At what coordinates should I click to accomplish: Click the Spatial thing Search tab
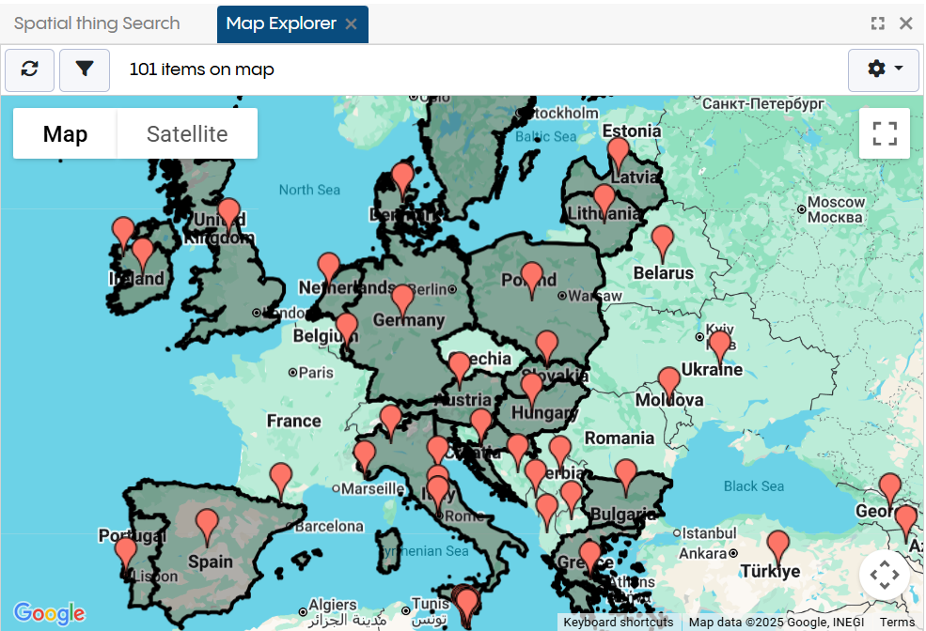coord(97,23)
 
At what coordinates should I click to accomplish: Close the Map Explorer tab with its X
coord(351,24)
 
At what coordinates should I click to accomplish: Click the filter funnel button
coord(85,69)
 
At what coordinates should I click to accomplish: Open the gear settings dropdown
coord(883,69)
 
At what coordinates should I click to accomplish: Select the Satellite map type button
coord(187,134)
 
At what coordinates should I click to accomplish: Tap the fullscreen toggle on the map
coord(884,134)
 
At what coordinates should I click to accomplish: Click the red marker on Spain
coord(207,526)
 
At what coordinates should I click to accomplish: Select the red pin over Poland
coord(532,278)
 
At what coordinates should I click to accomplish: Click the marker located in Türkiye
coord(777,546)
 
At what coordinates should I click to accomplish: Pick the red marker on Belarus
coord(663,241)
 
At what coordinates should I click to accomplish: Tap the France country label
coord(293,421)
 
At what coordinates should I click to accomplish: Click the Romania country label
coord(619,438)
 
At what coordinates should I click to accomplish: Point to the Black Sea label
coord(753,486)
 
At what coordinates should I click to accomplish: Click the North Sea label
coord(309,190)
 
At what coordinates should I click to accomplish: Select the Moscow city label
coord(836,203)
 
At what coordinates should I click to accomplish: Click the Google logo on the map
coord(49,613)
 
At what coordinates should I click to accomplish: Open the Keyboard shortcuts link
coord(618,622)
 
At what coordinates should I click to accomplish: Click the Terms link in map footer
coord(897,622)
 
